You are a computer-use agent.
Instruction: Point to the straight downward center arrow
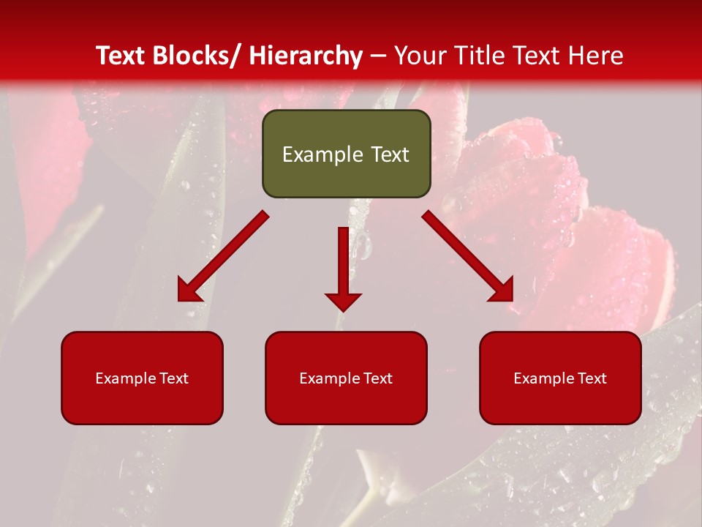click(x=343, y=263)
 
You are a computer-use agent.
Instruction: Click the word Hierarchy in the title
click(x=306, y=56)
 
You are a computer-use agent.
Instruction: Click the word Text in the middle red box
click(x=377, y=378)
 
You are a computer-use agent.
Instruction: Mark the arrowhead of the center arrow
click(x=343, y=301)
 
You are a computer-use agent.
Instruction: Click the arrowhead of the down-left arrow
click(x=188, y=291)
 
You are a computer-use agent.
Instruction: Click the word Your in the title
click(x=419, y=56)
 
